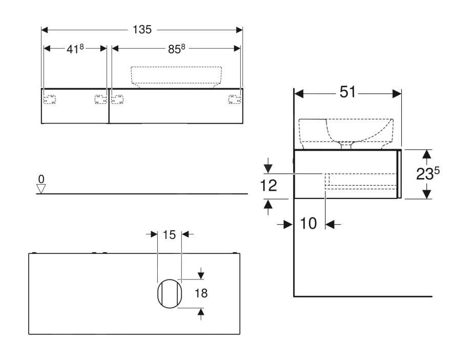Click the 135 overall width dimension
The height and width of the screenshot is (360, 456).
(142, 30)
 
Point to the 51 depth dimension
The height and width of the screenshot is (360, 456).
(346, 93)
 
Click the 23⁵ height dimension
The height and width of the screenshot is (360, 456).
(428, 174)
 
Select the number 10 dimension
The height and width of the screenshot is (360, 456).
(309, 223)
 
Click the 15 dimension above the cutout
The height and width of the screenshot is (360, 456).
(170, 234)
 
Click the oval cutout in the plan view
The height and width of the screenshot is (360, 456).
(169, 294)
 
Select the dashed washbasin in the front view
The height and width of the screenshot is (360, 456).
(177, 76)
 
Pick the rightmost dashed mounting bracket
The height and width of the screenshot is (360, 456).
(235, 99)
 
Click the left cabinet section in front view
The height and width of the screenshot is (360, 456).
(75, 106)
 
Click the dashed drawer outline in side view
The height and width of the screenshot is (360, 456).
(361, 181)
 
